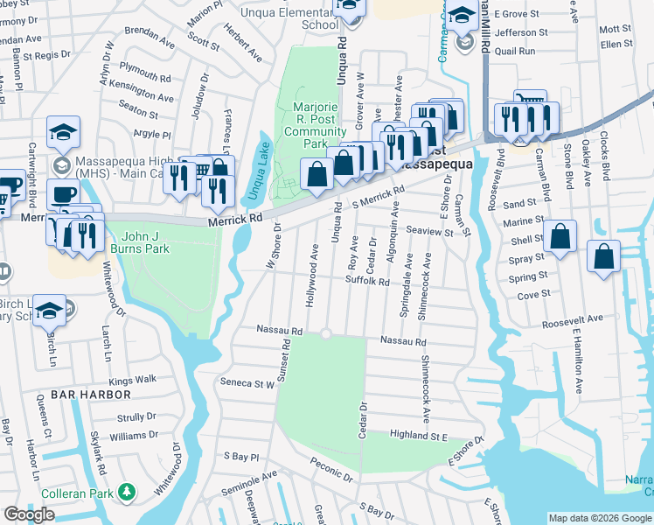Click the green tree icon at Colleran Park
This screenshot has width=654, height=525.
(128, 492)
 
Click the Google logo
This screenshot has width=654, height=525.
(29, 514)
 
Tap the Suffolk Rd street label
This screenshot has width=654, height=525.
(367, 282)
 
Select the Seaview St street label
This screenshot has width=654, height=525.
(430, 232)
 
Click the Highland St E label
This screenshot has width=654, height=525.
(419, 435)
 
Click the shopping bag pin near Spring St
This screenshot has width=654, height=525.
(603, 257)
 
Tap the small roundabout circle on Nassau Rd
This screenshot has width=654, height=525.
(326, 333)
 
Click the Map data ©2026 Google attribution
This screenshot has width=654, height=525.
(599, 518)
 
